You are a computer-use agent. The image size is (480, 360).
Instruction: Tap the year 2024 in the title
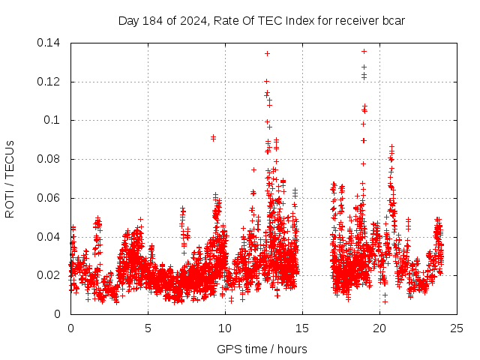(193, 20)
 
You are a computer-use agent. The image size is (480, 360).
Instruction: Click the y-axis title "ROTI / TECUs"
(10, 178)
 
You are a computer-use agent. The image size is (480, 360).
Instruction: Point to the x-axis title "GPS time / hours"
(262, 349)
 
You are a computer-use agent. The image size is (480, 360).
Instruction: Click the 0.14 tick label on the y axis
(50, 43)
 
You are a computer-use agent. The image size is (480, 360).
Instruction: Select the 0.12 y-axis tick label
(50, 82)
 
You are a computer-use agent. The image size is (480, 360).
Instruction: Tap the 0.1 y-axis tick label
(54, 120)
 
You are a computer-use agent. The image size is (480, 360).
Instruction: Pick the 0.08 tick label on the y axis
(50, 159)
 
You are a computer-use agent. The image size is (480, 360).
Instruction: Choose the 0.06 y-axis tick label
(50, 198)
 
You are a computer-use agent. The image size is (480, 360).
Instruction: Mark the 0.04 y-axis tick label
(50, 237)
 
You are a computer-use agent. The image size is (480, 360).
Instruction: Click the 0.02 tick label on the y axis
(50, 275)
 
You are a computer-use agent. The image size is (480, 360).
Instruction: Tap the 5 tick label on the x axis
(148, 328)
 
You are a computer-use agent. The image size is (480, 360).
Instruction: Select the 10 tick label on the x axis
(225, 328)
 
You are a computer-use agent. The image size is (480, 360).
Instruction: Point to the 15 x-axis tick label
(302, 328)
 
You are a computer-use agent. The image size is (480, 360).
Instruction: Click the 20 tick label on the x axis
(379, 328)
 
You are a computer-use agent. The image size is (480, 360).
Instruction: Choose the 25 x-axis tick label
(457, 328)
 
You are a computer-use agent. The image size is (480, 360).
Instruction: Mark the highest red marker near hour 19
(364, 52)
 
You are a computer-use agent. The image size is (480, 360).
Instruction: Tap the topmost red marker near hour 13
(267, 54)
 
